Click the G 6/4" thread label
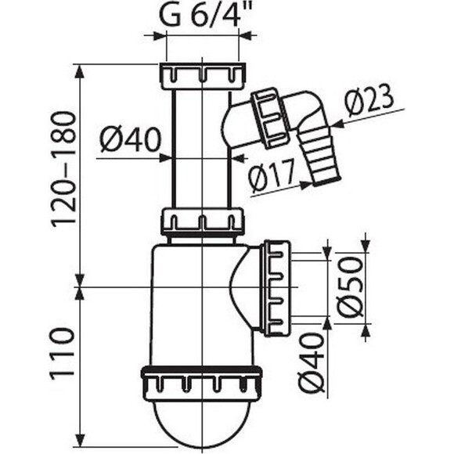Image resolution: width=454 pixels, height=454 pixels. tap(200, 16)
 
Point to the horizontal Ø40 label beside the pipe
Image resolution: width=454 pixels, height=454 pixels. tap(131, 140)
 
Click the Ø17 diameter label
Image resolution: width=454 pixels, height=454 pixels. tap(271, 178)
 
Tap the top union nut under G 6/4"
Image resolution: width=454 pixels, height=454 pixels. tap(203, 77)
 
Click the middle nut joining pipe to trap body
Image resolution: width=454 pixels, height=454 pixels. tap(203, 222)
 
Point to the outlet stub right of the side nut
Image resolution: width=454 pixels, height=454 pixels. tap(306, 288)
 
